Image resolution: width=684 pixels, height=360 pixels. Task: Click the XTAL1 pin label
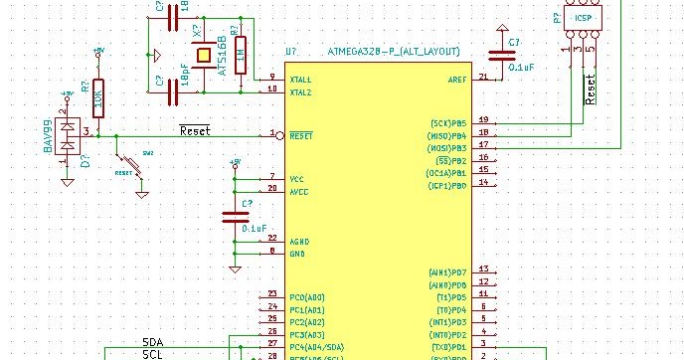pos(300,80)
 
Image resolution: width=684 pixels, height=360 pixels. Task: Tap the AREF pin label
pos(457,80)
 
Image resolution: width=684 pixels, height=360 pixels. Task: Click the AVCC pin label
pos(299,191)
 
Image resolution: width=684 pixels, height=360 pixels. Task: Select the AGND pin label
pos(299,242)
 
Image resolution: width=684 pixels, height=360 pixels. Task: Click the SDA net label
pos(154,342)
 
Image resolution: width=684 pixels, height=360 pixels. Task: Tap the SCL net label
pos(153,354)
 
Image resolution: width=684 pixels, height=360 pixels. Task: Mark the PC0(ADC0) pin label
pos(306,297)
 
